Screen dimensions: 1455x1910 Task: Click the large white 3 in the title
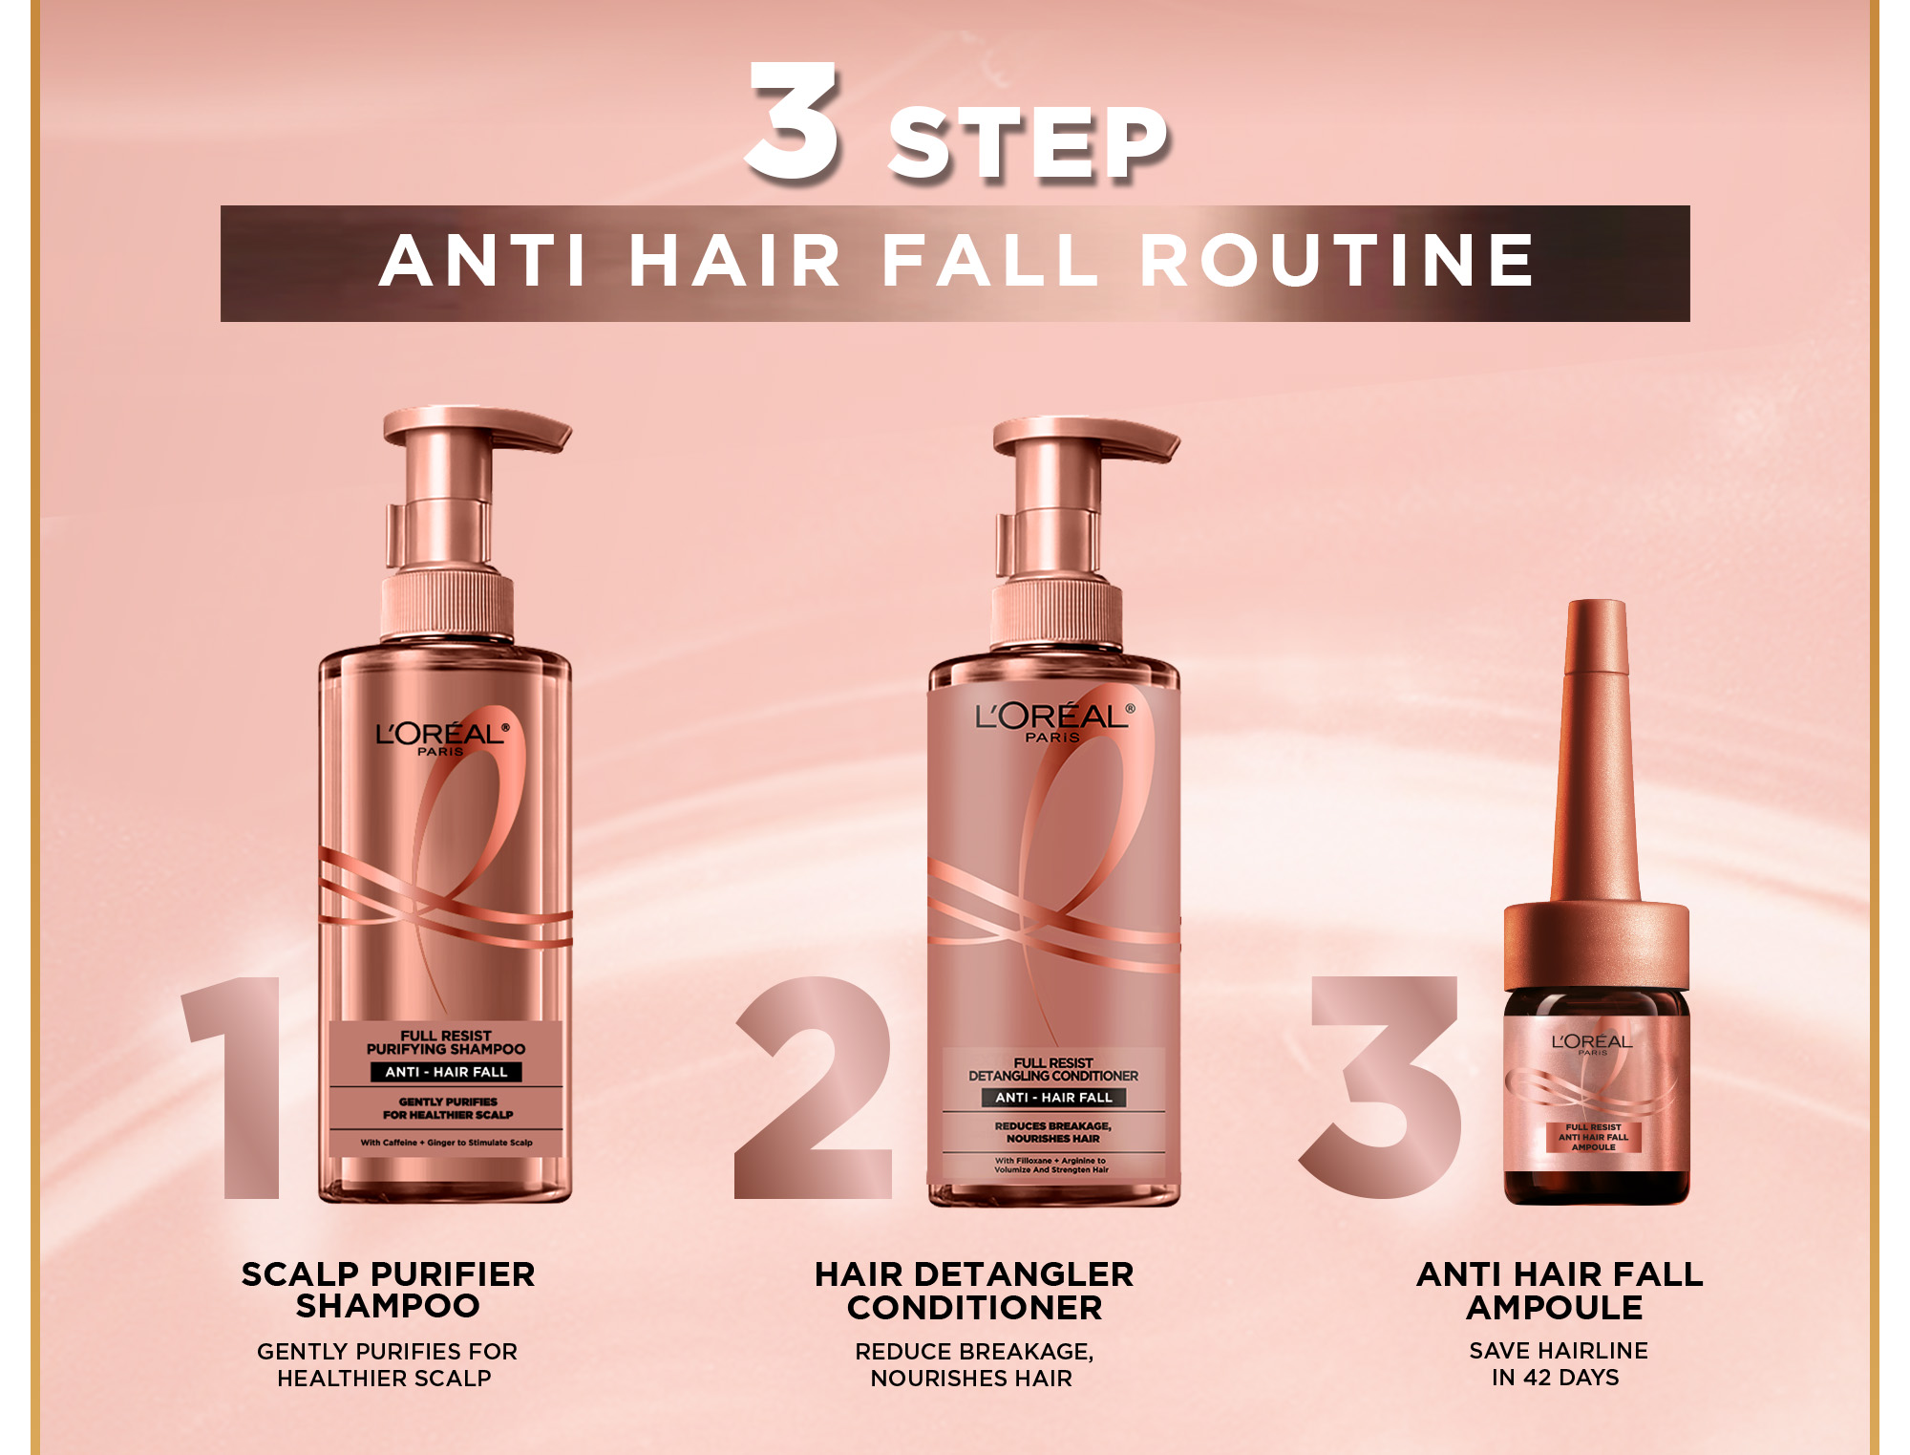[x=793, y=121]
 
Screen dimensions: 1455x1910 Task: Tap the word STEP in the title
[x=1029, y=143]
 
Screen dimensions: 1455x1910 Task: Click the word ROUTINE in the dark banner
[x=1337, y=260]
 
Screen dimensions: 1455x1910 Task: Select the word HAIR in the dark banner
[x=735, y=260]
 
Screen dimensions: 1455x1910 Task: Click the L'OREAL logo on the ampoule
[x=1592, y=1042]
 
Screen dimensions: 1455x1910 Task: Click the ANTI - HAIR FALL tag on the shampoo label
[x=446, y=1072]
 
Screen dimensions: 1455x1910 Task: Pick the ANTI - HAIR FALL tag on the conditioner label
[x=1053, y=1098]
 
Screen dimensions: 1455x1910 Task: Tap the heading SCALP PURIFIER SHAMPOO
[x=388, y=1290]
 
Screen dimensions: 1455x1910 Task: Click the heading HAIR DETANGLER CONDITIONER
[x=974, y=1291]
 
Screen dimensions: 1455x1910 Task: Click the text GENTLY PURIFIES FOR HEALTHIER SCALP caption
[x=387, y=1364]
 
